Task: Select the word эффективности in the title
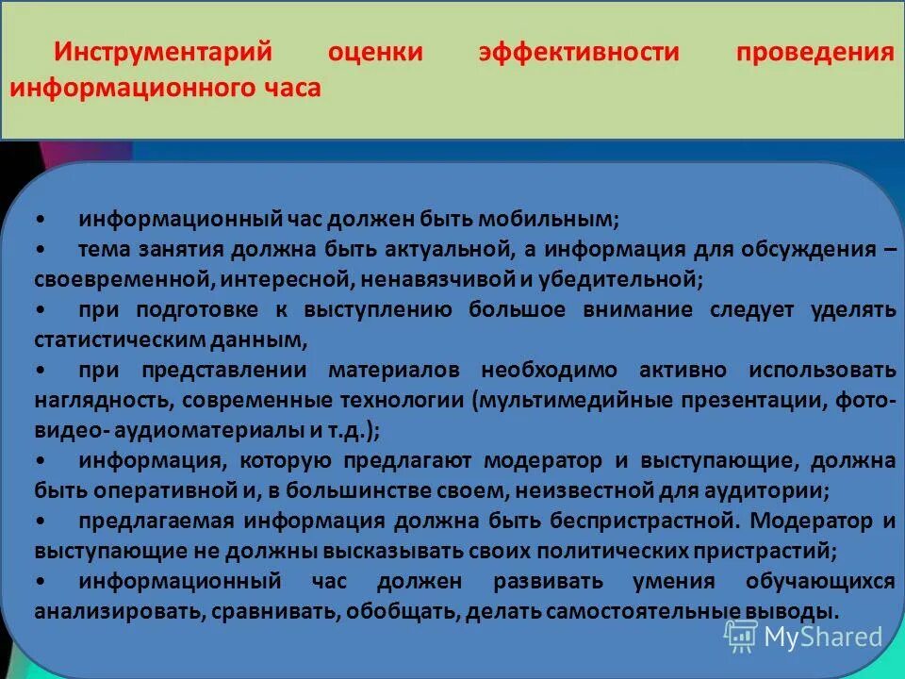(x=578, y=53)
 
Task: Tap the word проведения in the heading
(x=814, y=53)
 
